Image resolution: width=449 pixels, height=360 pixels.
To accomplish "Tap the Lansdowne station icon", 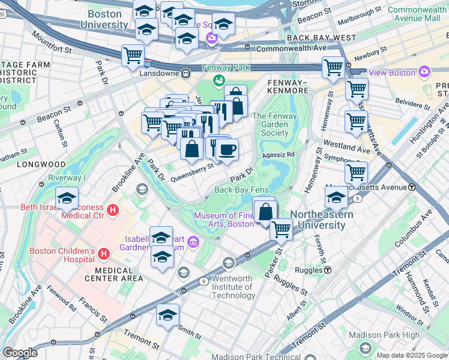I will pos(186,74).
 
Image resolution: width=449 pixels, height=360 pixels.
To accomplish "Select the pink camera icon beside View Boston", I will pos(424,73).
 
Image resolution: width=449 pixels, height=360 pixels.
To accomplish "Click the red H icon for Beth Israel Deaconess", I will pos(113,211).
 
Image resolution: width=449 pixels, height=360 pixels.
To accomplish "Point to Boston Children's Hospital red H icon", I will pos(104,254).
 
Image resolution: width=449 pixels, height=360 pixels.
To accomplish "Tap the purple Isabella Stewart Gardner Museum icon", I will pos(193,242).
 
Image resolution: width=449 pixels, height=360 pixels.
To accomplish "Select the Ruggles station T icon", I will pos(328,270).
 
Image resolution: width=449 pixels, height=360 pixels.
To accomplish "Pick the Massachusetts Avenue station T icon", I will pos(412,187).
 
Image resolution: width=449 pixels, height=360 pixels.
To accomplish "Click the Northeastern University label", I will pos(318,220).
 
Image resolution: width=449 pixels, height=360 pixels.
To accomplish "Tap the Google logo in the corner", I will pos(20,353).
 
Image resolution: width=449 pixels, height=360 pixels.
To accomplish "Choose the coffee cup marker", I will pos(226,149).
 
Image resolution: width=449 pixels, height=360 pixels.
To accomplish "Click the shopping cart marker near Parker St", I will pos(280,228).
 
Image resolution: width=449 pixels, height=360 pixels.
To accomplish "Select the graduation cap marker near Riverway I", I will pos(67,198).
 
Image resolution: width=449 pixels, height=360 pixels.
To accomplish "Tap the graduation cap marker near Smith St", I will pos(167,314).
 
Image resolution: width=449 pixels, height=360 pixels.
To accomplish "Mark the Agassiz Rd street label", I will pos(283,154).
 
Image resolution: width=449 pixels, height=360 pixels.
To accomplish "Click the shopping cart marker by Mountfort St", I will pos(133,55).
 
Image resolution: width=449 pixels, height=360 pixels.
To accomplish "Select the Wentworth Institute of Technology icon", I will pos(229,263).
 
